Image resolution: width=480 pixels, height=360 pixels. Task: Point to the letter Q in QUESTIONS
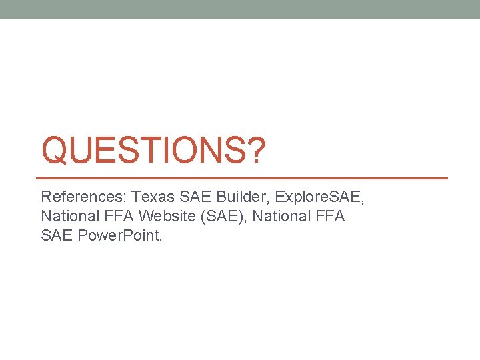pos(55,151)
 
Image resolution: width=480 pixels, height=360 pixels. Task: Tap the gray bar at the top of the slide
pos(240,9)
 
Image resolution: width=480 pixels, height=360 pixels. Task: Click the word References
pos(84,198)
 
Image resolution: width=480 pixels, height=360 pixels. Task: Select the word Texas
pos(153,198)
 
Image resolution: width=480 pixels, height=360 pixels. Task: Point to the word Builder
pos(243,198)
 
